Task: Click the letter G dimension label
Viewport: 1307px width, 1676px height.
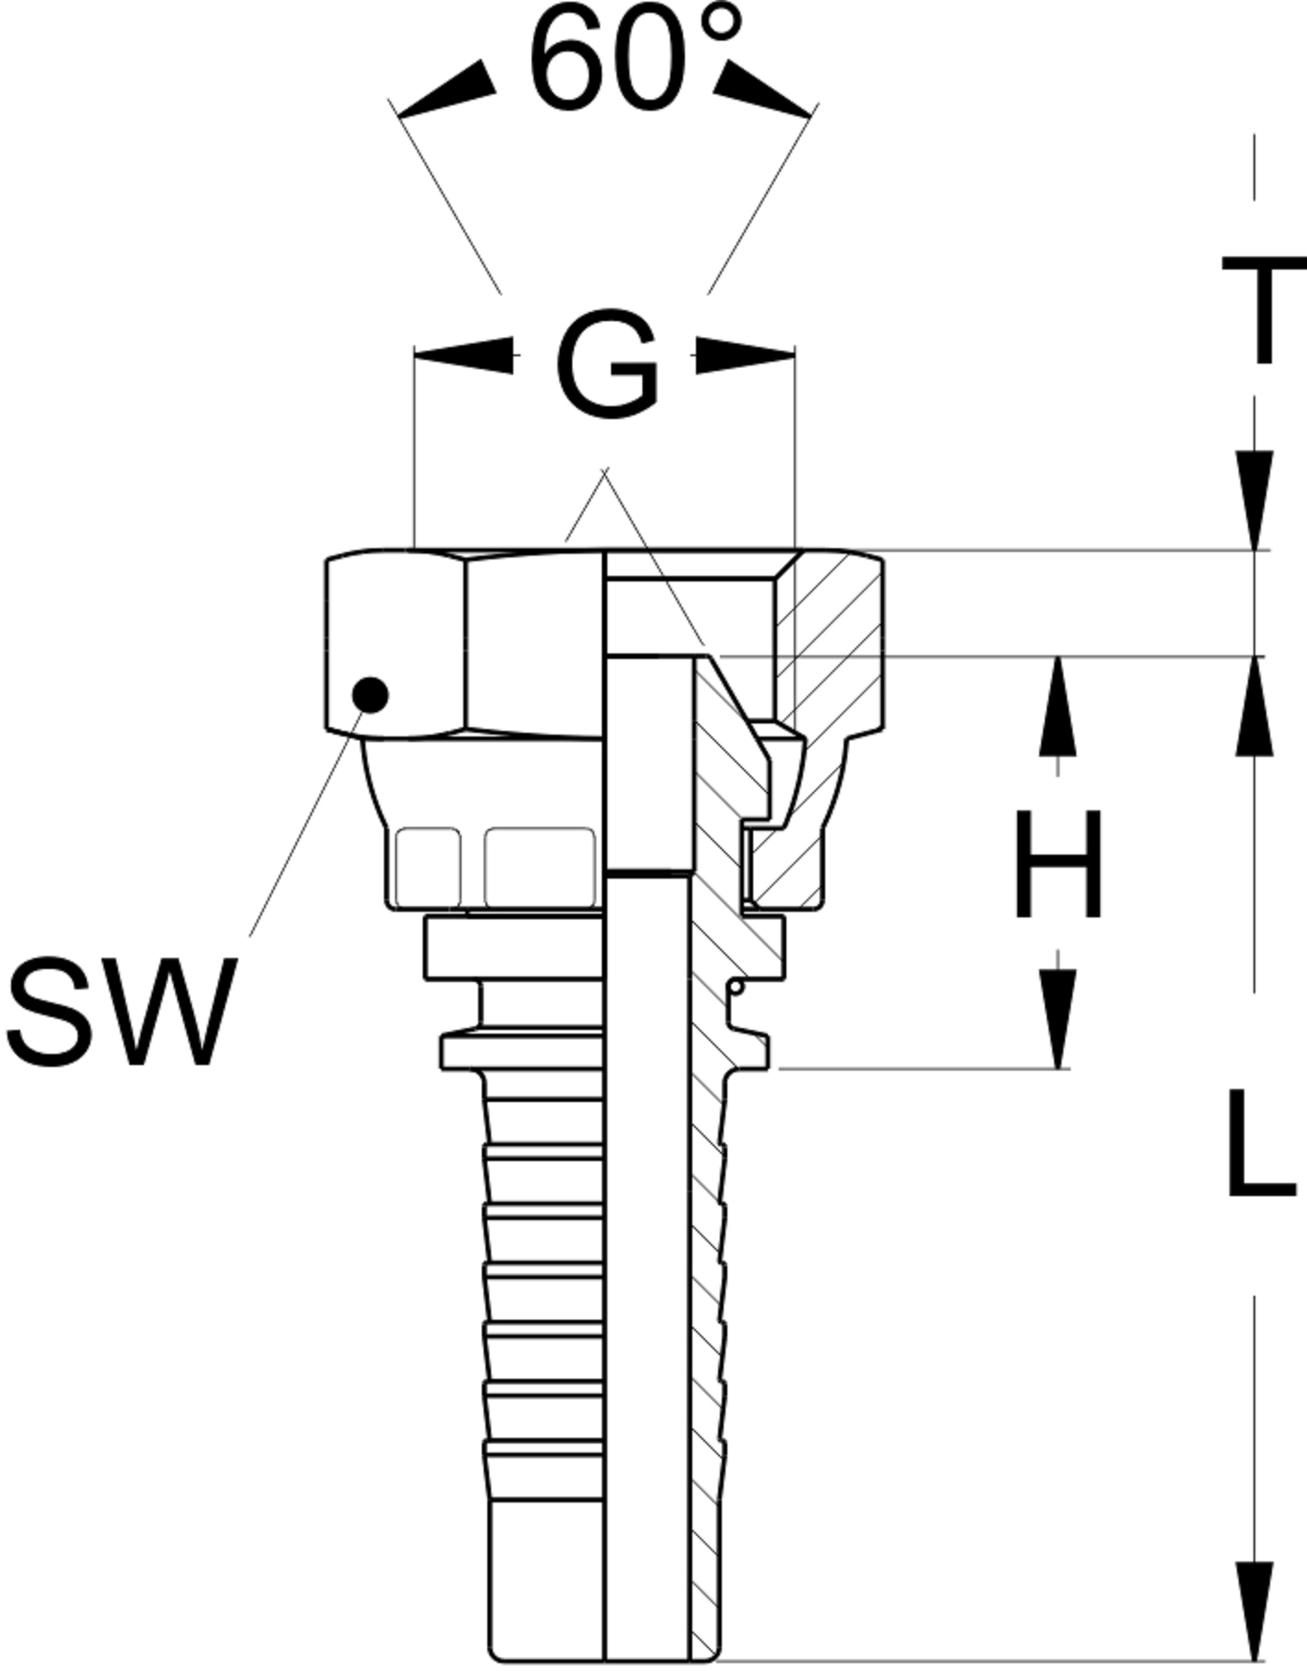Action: [607, 365]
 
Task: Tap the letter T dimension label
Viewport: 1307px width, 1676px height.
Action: [1263, 309]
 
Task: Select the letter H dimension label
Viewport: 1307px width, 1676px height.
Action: [1058, 865]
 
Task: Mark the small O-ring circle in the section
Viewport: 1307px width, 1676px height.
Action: [736, 988]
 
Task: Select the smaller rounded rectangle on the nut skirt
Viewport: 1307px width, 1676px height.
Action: [427, 867]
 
